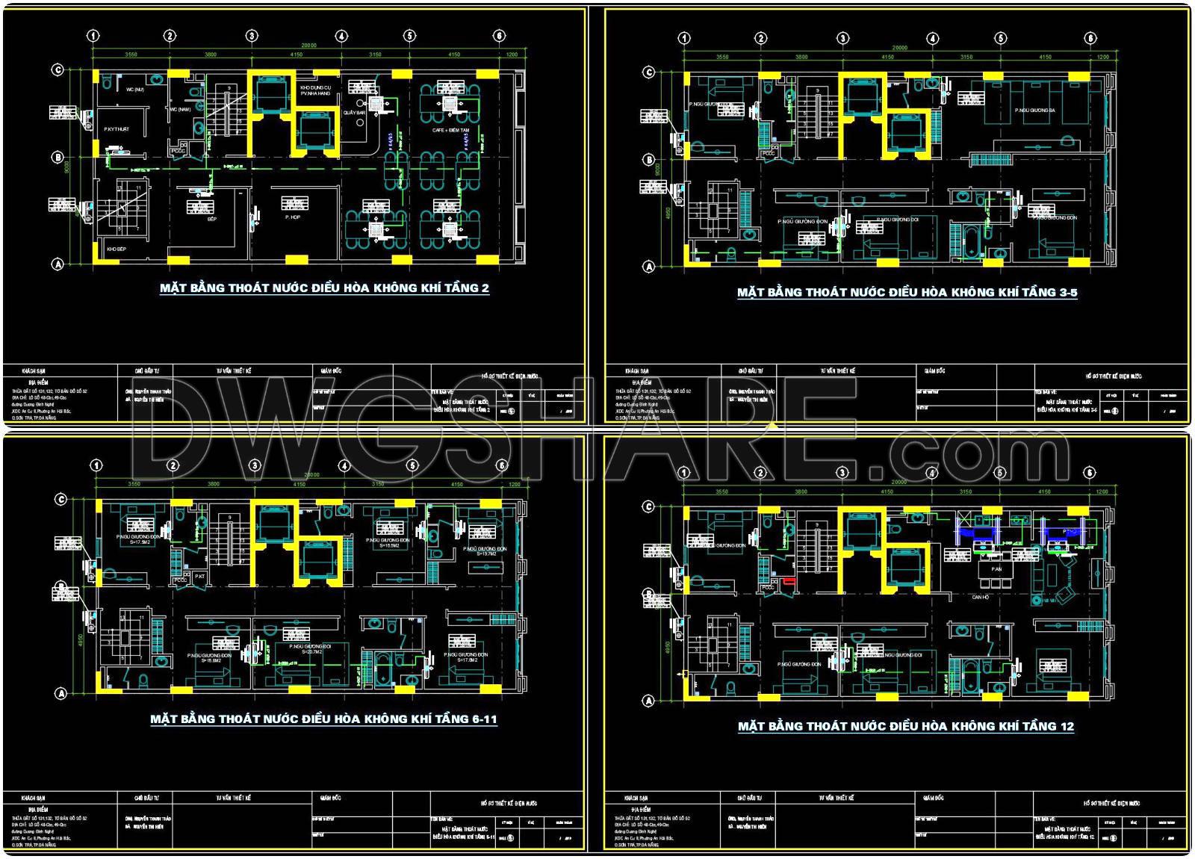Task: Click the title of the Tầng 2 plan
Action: [x=324, y=288]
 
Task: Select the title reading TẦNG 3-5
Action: [x=907, y=292]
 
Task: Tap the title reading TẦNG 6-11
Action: [x=323, y=719]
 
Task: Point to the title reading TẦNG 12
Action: [x=905, y=726]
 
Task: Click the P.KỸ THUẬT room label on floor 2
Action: [x=117, y=129]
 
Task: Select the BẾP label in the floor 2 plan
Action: [x=211, y=219]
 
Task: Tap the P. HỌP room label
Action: [x=292, y=217]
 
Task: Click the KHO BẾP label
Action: [x=116, y=249]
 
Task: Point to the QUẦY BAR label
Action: [x=354, y=113]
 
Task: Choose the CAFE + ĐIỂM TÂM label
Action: [x=451, y=130]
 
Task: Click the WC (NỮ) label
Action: [x=135, y=90]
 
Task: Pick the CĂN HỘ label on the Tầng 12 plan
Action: [x=981, y=598]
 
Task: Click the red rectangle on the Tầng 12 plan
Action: [x=789, y=580]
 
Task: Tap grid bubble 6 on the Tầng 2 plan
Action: [x=500, y=36]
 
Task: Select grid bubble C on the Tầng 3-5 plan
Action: [x=648, y=72]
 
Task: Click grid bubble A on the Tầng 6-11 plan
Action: [x=62, y=693]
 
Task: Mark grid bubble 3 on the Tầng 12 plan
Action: [x=842, y=473]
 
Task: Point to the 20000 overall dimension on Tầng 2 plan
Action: [x=308, y=46]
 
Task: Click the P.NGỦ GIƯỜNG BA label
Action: [x=1034, y=111]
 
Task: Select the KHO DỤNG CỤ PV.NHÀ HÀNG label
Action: [x=315, y=90]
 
